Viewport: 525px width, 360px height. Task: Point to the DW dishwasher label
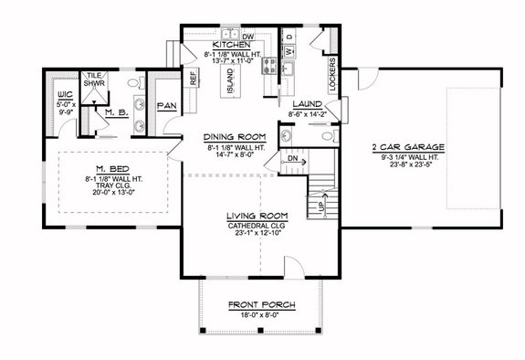[x=247, y=36]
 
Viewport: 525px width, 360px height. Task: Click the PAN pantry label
[x=167, y=106]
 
